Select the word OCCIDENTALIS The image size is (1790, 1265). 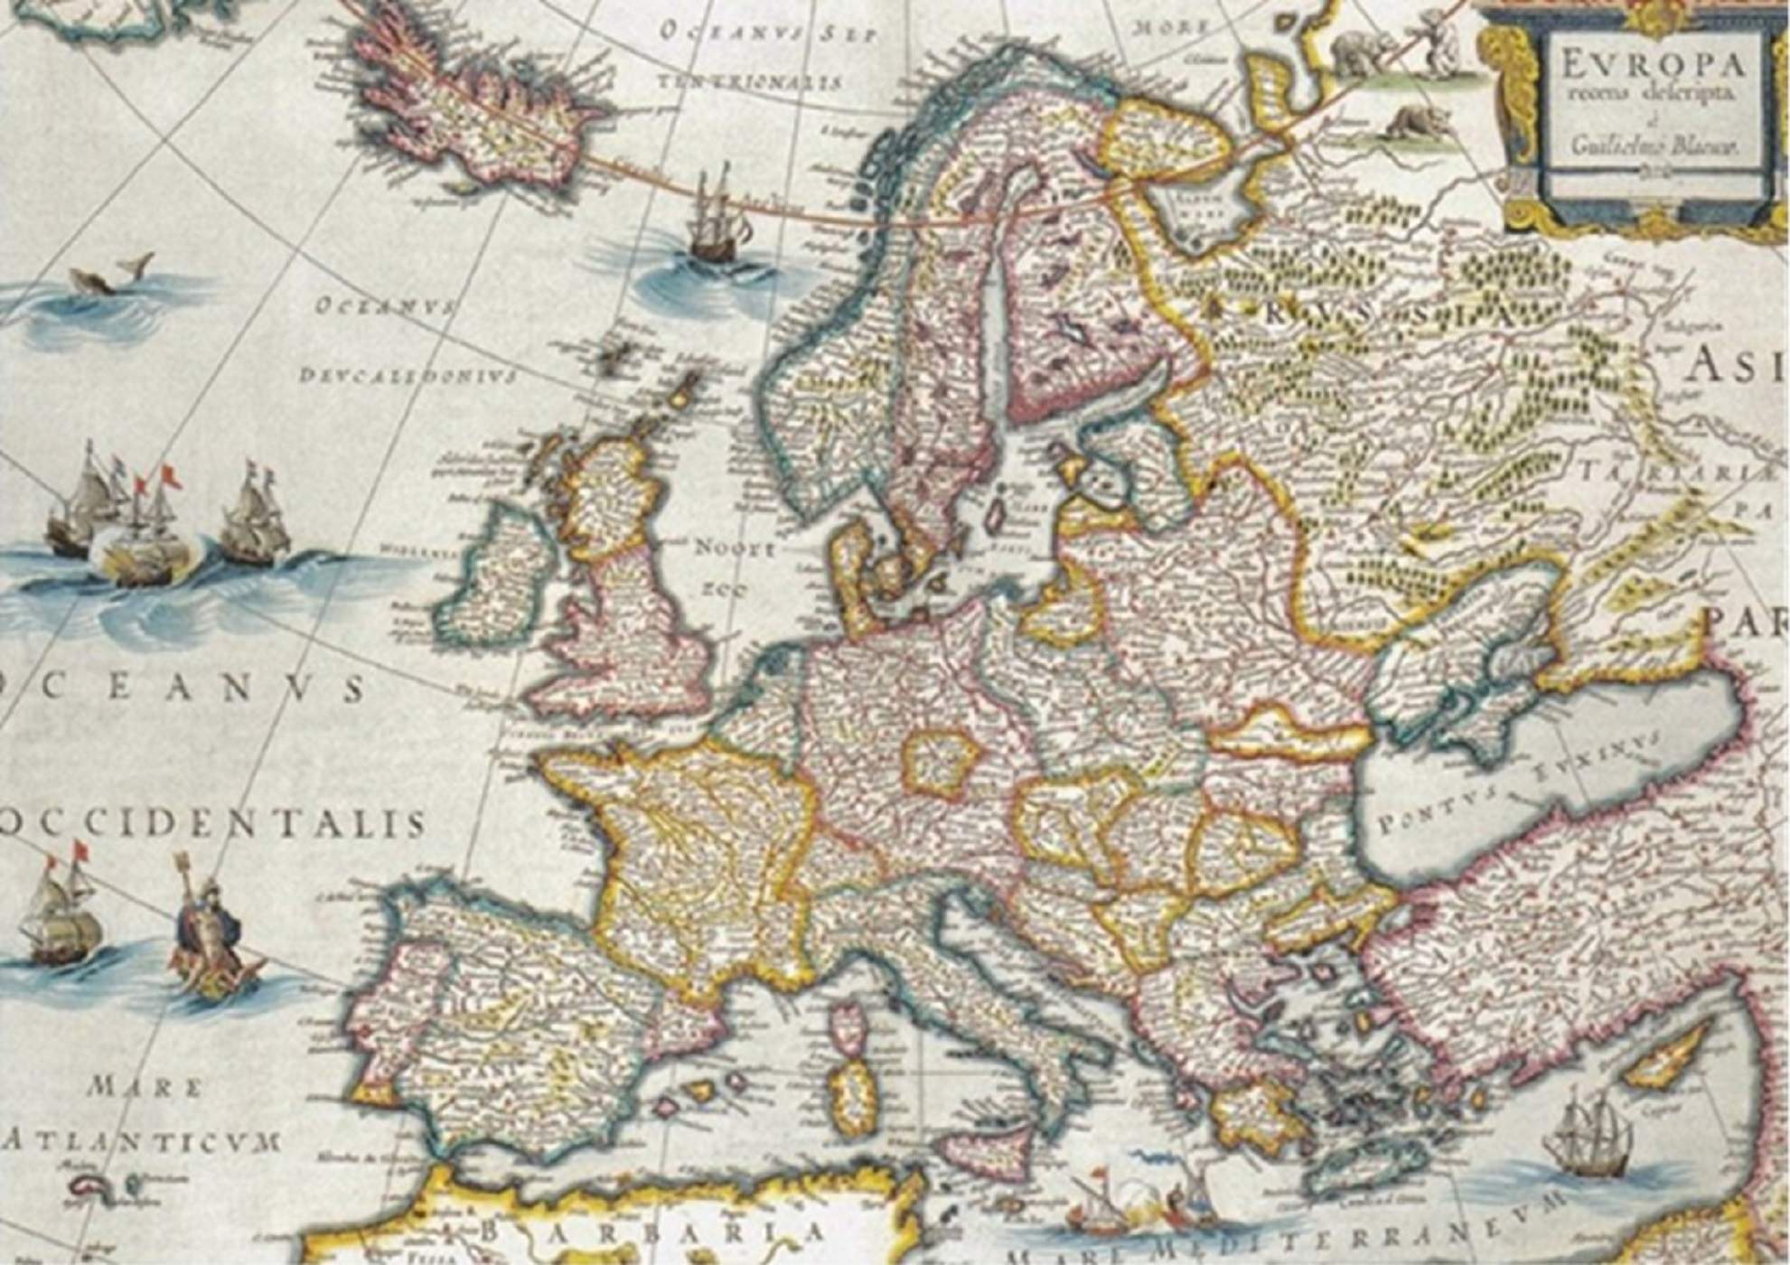pyautogui.click(x=212, y=824)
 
